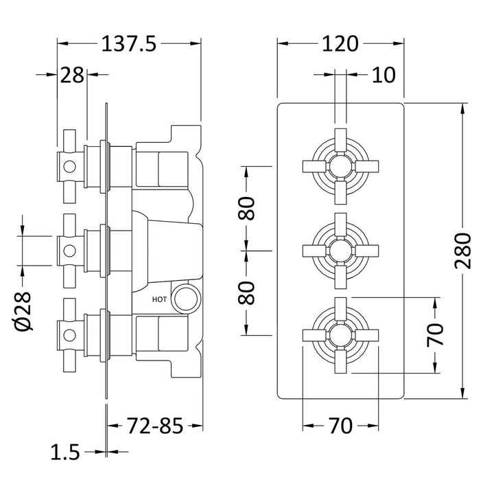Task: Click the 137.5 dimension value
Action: pyautogui.click(x=130, y=44)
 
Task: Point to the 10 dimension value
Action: pyautogui.click(x=385, y=74)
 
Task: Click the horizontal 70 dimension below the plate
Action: pyautogui.click(x=340, y=426)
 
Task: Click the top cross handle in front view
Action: pyautogui.click(x=340, y=165)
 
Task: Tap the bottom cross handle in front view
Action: pyautogui.click(x=340, y=335)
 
